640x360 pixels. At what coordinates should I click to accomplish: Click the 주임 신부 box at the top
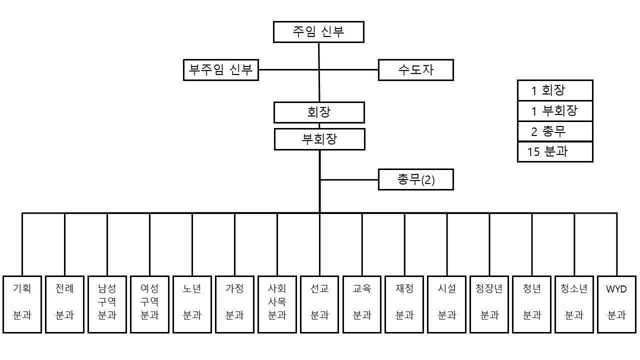318,32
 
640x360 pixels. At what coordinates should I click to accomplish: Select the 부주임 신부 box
220,70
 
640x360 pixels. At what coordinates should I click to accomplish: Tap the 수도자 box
415,70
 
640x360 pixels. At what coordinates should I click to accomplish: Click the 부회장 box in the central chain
319,139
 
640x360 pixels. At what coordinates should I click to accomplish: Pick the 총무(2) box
415,179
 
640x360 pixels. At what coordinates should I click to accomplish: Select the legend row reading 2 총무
555,131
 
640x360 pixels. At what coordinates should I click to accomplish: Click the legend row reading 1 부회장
555,111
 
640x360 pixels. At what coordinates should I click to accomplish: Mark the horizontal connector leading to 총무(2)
349,179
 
